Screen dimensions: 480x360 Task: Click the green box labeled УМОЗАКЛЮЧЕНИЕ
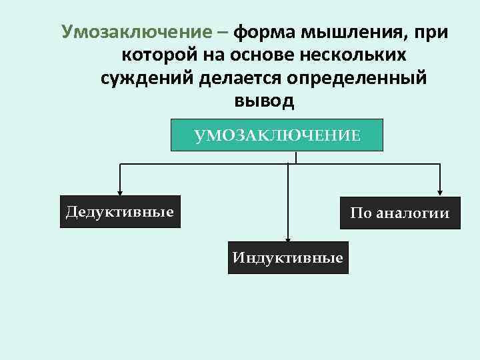277,136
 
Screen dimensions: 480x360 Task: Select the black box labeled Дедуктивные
120,212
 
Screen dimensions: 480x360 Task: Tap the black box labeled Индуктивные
287,257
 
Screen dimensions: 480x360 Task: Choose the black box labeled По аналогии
400,213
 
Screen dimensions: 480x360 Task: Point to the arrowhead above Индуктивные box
287,235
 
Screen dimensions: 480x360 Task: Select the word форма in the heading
265,31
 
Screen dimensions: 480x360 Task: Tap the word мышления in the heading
356,31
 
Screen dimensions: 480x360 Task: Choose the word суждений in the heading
147,78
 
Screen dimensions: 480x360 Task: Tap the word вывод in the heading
264,101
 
